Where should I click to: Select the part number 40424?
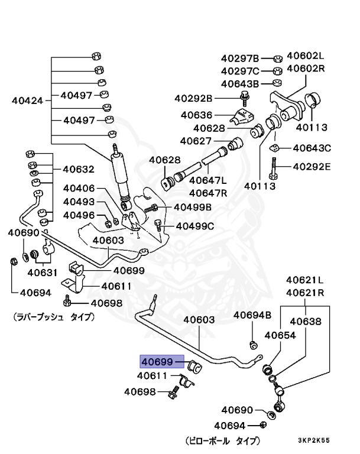point(28,100)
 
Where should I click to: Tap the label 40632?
point(79,169)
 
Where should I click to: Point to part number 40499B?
point(193,207)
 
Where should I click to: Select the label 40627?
point(196,141)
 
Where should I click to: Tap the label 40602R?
point(306,69)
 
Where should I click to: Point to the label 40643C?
point(312,148)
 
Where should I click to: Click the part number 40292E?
point(312,166)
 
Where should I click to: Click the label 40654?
point(280,335)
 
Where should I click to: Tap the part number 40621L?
point(306,280)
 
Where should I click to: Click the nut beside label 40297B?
point(277,59)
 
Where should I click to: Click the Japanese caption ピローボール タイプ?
point(222,441)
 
